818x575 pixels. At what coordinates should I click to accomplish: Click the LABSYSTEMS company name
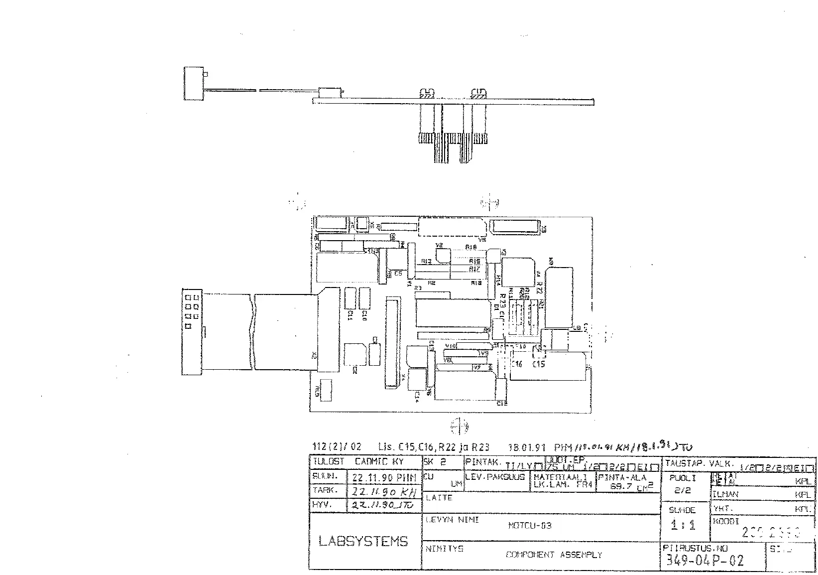coord(363,541)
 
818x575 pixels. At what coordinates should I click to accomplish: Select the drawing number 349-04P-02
coord(704,561)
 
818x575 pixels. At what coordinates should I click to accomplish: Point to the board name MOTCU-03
coord(530,526)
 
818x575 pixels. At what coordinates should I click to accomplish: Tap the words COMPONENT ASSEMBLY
coord(554,555)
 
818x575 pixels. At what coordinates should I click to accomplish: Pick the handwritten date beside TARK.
coord(383,492)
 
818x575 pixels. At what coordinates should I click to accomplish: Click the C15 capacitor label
coord(538,364)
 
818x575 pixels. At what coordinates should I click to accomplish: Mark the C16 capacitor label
coord(516,364)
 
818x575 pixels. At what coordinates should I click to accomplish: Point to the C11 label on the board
coord(350,315)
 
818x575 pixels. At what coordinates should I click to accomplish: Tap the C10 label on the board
coord(364,315)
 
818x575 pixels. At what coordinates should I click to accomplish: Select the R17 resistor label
coord(474,269)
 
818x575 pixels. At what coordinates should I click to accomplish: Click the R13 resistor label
coord(426,261)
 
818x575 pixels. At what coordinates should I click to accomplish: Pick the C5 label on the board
coord(398,274)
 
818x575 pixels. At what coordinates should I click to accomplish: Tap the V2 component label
coord(439,246)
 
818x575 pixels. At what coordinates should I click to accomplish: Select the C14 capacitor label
coord(417,395)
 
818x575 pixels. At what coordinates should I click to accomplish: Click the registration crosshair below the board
coord(459,427)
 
